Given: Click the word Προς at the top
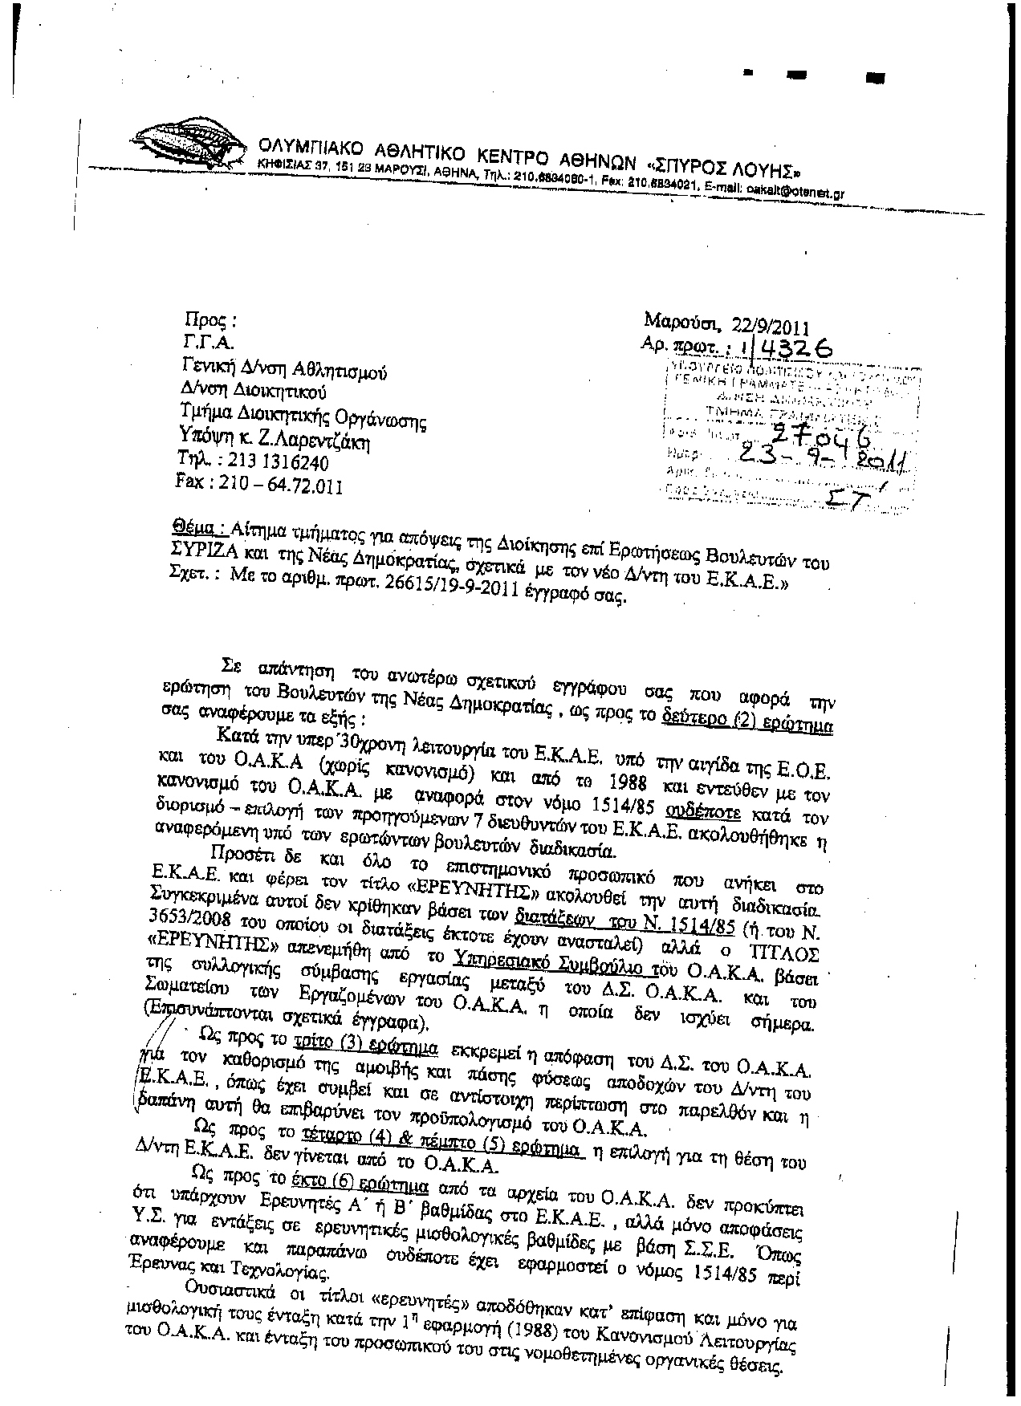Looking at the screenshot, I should (209, 320).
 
